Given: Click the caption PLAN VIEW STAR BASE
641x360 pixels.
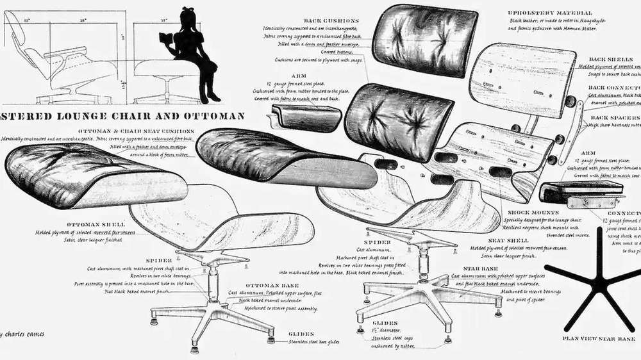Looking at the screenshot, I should [597, 338].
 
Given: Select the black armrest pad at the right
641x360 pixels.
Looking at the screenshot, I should [581, 190].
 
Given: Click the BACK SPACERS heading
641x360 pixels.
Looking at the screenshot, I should [614, 118].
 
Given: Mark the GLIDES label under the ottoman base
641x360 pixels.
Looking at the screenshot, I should [301, 334].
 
